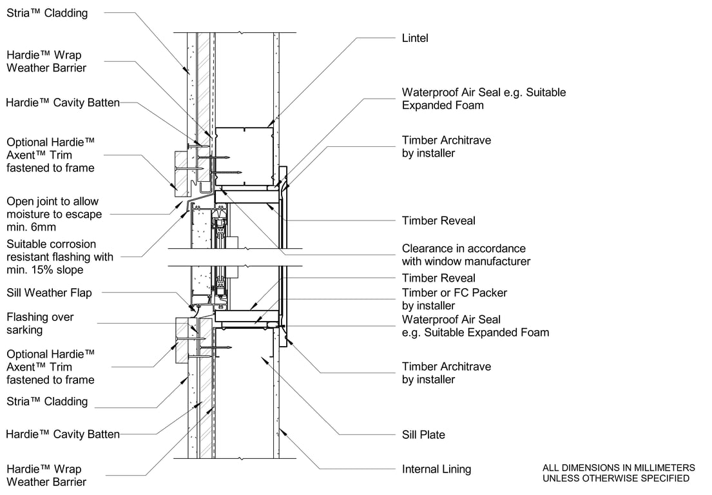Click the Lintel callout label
click(x=415, y=39)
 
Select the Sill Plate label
click(x=423, y=435)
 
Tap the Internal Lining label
click(x=436, y=469)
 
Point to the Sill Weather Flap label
click(x=49, y=293)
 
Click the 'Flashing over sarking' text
click(x=40, y=324)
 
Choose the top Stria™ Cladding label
click(x=47, y=13)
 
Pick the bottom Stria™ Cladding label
click(x=47, y=402)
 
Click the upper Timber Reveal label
click(x=438, y=221)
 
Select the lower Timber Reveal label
click(x=438, y=278)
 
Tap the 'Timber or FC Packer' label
click(x=454, y=293)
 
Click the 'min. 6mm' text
click(x=30, y=227)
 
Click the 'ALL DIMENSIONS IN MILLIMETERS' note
click(x=619, y=468)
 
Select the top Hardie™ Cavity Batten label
click(x=63, y=102)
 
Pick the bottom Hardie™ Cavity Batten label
click(x=63, y=434)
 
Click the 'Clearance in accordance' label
click(x=463, y=249)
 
